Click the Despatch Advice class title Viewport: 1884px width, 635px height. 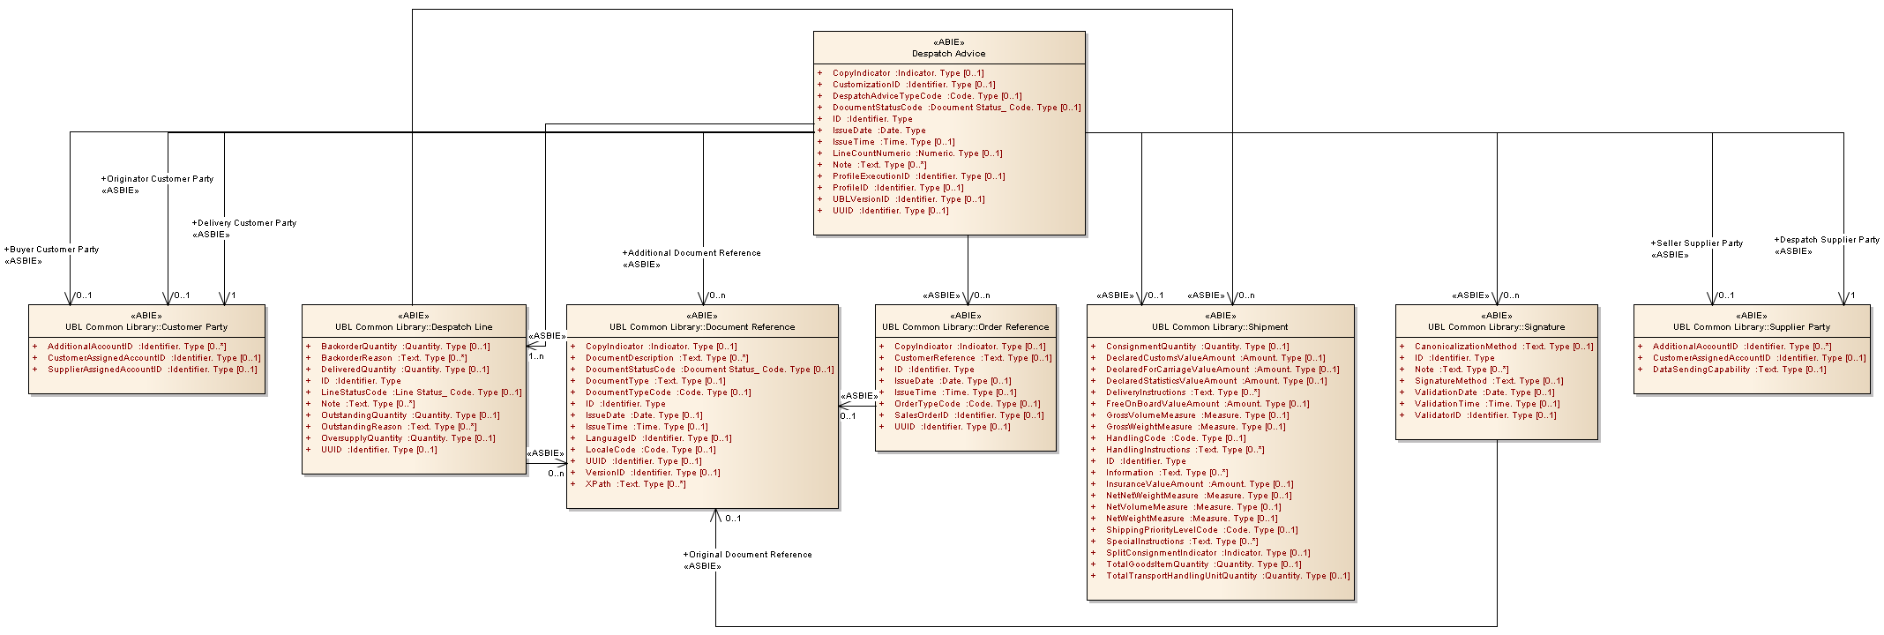click(x=948, y=54)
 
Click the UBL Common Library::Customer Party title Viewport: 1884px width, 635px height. click(x=146, y=327)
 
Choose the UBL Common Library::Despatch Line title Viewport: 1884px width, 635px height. click(x=414, y=327)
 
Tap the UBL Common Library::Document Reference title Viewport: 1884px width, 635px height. click(x=702, y=327)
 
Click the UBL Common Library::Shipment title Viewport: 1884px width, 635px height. click(x=1220, y=327)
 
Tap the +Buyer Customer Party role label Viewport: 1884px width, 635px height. click(x=52, y=250)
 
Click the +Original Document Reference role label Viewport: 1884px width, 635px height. click(x=747, y=555)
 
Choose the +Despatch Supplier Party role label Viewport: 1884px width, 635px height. click(x=1827, y=240)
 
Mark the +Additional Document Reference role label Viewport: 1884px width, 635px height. click(x=692, y=253)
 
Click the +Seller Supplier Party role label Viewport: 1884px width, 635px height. click(x=1697, y=243)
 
